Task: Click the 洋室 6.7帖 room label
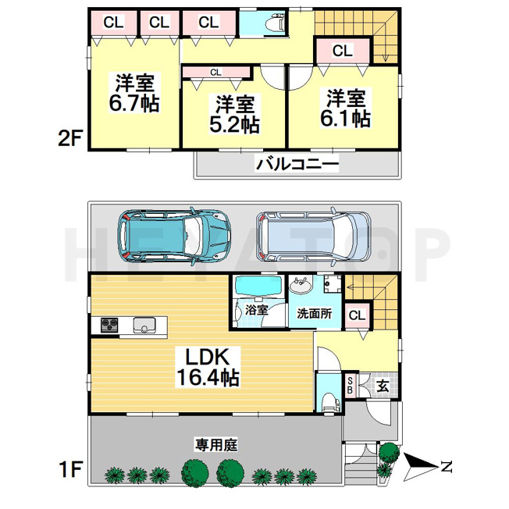pyautogui.click(x=133, y=93)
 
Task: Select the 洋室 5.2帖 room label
pyautogui.click(x=234, y=114)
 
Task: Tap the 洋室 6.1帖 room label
pyautogui.click(x=345, y=108)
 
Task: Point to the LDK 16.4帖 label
pyautogui.click(x=208, y=367)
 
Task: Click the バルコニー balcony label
pyautogui.click(x=297, y=163)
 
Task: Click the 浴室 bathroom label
pyautogui.click(x=256, y=310)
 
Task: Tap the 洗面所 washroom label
pyautogui.click(x=315, y=314)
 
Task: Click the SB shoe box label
pyautogui.click(x=350, y=386)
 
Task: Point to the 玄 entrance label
pyautogui.click(x=383, y=386)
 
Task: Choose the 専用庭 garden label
pyautogui.click(x=216, y=444)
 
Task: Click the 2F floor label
pyautogui.click(x=69, y=138)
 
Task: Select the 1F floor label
pyautogui.click(x=69, y=469)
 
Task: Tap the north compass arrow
pyautogui.click(x=421, y=468)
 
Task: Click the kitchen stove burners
pyautogui.click(x=109, y=325)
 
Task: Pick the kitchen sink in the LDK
pyautogui.click(x=144, y=325)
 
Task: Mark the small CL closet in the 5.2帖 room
pyautogui.click(x=216, y=73)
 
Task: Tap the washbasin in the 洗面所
pyautogui.click(x=301, y=286)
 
